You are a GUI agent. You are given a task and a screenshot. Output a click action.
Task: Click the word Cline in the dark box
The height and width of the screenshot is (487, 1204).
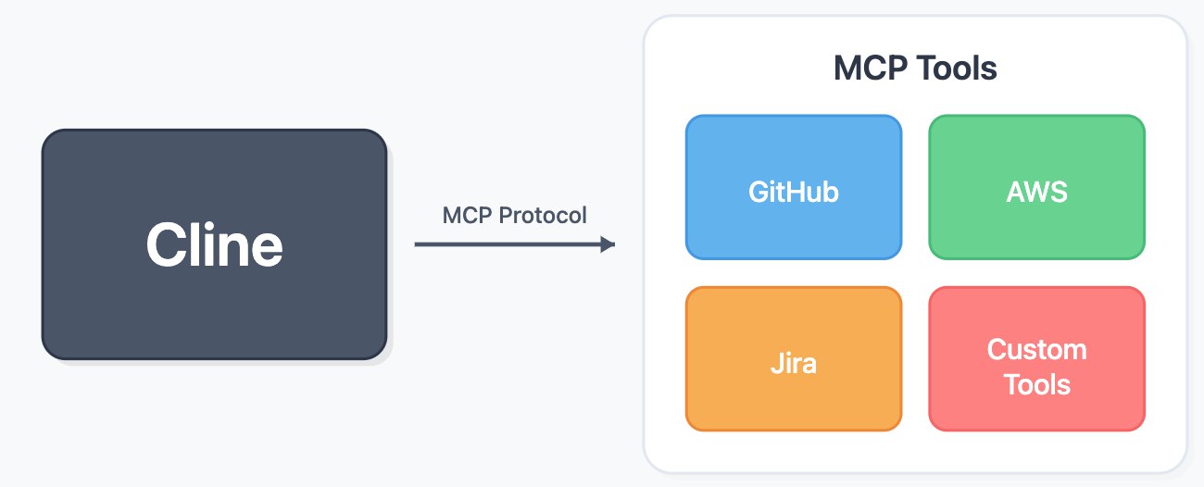point(215,245)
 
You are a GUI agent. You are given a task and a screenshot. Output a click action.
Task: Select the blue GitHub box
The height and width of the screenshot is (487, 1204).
point(794,187)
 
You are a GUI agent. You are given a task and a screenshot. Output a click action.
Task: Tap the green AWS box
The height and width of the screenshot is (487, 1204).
point(1037,187)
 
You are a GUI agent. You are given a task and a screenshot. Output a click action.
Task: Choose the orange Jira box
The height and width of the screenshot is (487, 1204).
point(794,358)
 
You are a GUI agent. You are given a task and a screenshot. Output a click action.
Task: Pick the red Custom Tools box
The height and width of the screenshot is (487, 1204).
point(1037,358)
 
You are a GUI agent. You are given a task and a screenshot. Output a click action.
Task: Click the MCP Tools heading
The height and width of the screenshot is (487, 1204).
point(915,69)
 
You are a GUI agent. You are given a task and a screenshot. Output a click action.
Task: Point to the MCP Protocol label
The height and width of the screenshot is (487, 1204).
point(514,216)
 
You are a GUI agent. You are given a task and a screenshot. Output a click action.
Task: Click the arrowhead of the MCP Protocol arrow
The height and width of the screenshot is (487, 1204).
point(608,244)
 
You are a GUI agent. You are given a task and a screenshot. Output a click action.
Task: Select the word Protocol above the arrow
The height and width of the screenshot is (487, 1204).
point(543,216)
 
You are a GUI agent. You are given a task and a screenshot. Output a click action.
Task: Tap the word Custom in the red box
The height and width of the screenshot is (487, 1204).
point(1037,350)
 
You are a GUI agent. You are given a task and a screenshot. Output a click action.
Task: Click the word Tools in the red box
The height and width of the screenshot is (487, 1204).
point(1037,385)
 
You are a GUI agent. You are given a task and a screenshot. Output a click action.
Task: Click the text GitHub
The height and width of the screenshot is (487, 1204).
point(794,192)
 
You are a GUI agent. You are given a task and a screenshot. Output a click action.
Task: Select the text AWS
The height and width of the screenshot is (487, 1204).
point(1037,192)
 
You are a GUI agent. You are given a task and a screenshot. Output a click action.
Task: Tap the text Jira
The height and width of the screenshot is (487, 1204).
point(794,363)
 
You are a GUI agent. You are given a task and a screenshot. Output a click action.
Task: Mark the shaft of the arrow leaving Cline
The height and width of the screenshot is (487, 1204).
point(508,244)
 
